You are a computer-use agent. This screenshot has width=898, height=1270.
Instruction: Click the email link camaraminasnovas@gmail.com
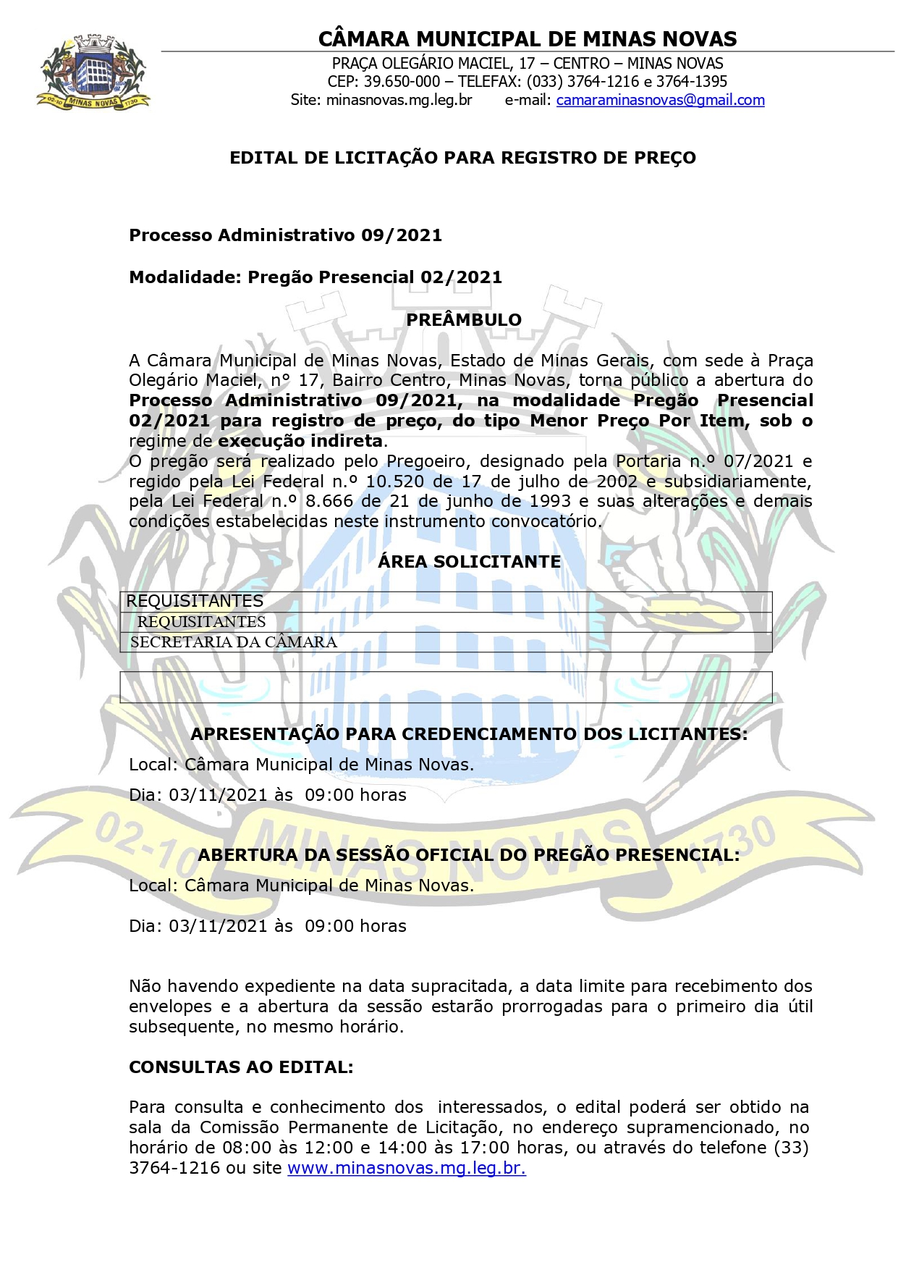660,101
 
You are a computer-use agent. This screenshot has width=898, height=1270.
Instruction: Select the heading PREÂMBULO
463,320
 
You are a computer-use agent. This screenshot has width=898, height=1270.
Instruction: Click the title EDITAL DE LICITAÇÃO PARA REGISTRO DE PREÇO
462,158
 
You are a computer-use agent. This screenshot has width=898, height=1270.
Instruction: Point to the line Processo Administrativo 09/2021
285,235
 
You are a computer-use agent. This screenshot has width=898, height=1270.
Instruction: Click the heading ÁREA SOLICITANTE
469,562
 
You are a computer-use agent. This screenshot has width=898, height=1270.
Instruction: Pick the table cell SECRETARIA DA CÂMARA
233,642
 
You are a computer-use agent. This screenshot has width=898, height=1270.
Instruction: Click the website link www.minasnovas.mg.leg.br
406,1168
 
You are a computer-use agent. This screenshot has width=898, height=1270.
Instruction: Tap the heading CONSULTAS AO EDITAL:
241,1067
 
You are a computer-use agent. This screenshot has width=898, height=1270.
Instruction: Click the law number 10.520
394,481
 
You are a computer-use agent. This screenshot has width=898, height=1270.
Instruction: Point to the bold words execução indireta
300,441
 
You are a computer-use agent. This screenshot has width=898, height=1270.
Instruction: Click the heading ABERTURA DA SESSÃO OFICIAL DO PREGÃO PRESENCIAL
468,855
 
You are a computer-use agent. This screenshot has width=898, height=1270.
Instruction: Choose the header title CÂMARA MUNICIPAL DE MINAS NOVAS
527,38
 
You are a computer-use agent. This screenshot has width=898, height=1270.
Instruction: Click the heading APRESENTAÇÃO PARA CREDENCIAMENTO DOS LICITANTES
468,734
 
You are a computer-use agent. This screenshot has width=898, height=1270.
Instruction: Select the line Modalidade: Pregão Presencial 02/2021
315,277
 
